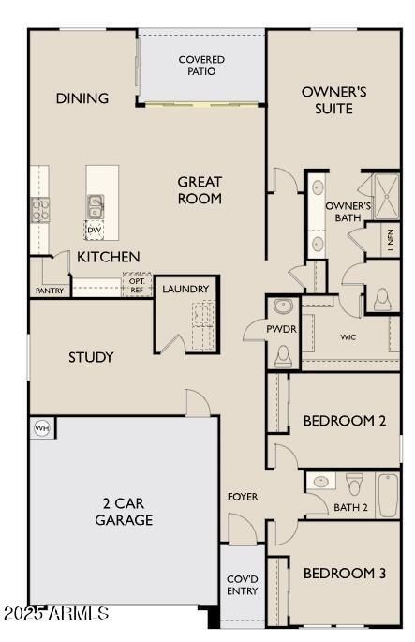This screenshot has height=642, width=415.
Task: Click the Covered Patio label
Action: [201, 67]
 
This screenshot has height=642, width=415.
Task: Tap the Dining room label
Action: [82, 98]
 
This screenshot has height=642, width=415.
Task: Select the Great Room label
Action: [200, 190]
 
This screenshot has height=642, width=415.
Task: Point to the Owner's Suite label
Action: [327, 99]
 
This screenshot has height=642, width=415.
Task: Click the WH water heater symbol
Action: [41, 428]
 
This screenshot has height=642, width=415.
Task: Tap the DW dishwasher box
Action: [95, 229]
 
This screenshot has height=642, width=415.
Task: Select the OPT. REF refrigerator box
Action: [137, 285]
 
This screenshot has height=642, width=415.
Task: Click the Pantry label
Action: [49, 291]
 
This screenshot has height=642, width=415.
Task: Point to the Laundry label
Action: [185, 289]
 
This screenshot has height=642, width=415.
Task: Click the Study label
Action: [91, 357]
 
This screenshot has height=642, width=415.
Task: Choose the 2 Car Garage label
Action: [123, 511]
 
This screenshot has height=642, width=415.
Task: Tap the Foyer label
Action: [243, 497]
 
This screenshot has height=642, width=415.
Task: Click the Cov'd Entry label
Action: [243, 585]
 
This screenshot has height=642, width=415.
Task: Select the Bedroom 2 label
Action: [345, 421]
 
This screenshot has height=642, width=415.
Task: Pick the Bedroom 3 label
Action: [345, 573]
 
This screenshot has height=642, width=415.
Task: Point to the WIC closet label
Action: [348, 336]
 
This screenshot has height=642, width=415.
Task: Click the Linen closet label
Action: [390, 240]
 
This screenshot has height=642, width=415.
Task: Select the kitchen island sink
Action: [96, 204]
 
